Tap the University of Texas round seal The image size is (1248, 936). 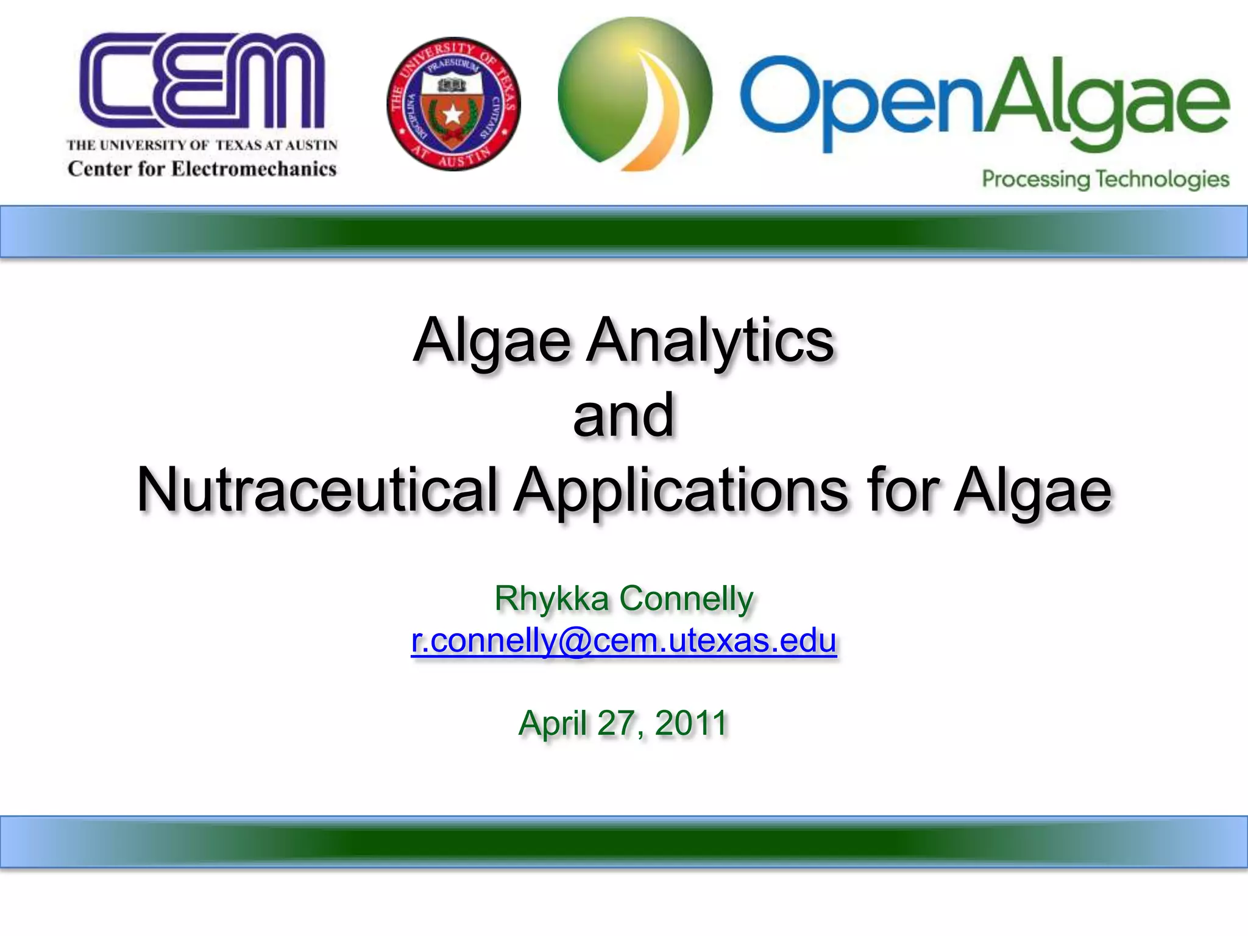click(x=453, y=104)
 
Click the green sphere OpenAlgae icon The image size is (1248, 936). click(x=634, y=94)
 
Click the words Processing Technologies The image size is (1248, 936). click(x=1105, y=179)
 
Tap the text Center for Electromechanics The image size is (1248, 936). click(x=202, y=169)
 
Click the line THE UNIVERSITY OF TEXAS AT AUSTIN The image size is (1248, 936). click(x=202, y=145)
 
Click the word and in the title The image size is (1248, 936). click(x=623, y=416)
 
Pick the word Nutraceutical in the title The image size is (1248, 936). click(x=317, y=491)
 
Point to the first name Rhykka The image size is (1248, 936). click(x=551, y=598)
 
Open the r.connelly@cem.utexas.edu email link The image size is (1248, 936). click(x=623, y=640)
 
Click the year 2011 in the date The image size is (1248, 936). click(x=691, y=723)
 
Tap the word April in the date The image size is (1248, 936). click(x=553, y=723)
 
